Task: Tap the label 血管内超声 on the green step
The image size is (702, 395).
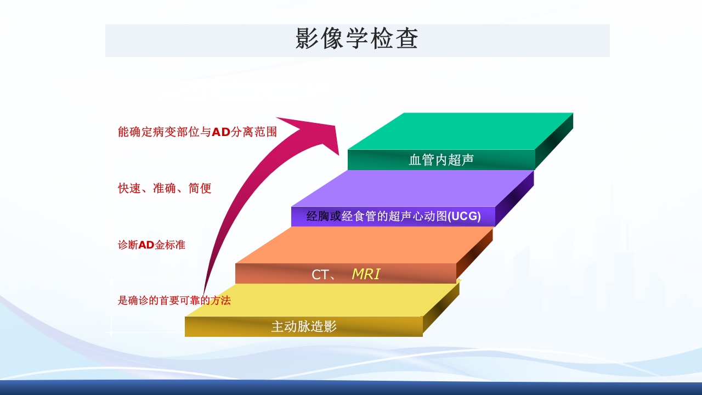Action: coord(441,160)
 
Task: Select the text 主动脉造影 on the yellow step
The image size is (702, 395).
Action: coord(303,327)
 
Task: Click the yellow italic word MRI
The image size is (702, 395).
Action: coord(366,274)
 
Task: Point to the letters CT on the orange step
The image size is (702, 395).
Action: coord(320,275)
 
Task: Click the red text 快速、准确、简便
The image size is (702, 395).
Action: coord(165,189)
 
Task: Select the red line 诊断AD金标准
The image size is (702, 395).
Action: coord(151,245)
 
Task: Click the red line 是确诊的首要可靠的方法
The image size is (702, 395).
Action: coord(174,301)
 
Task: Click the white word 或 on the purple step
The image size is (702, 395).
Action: coord(335,217)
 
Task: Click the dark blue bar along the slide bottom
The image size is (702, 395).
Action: coord(351,388)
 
